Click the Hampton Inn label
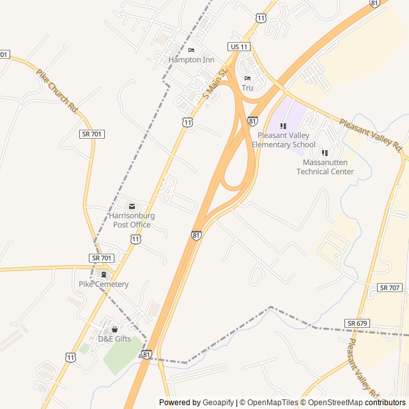point(191,59)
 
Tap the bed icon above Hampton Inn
point(191,50)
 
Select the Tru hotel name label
point(247,88)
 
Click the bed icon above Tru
point(247,78)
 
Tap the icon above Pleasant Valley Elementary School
point(283,126)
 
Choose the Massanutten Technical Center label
point(325,167)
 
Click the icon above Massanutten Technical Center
point(325,153)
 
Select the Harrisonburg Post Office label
point(132,220)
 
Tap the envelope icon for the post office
point(132,206)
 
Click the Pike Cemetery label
point(104,284)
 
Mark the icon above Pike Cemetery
point(104,274)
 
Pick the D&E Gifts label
point(114,339)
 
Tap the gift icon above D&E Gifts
point(114,329)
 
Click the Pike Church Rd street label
point(56,91)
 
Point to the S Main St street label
point(215,84)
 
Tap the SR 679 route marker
point(357,323)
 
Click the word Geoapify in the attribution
point(218,403)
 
